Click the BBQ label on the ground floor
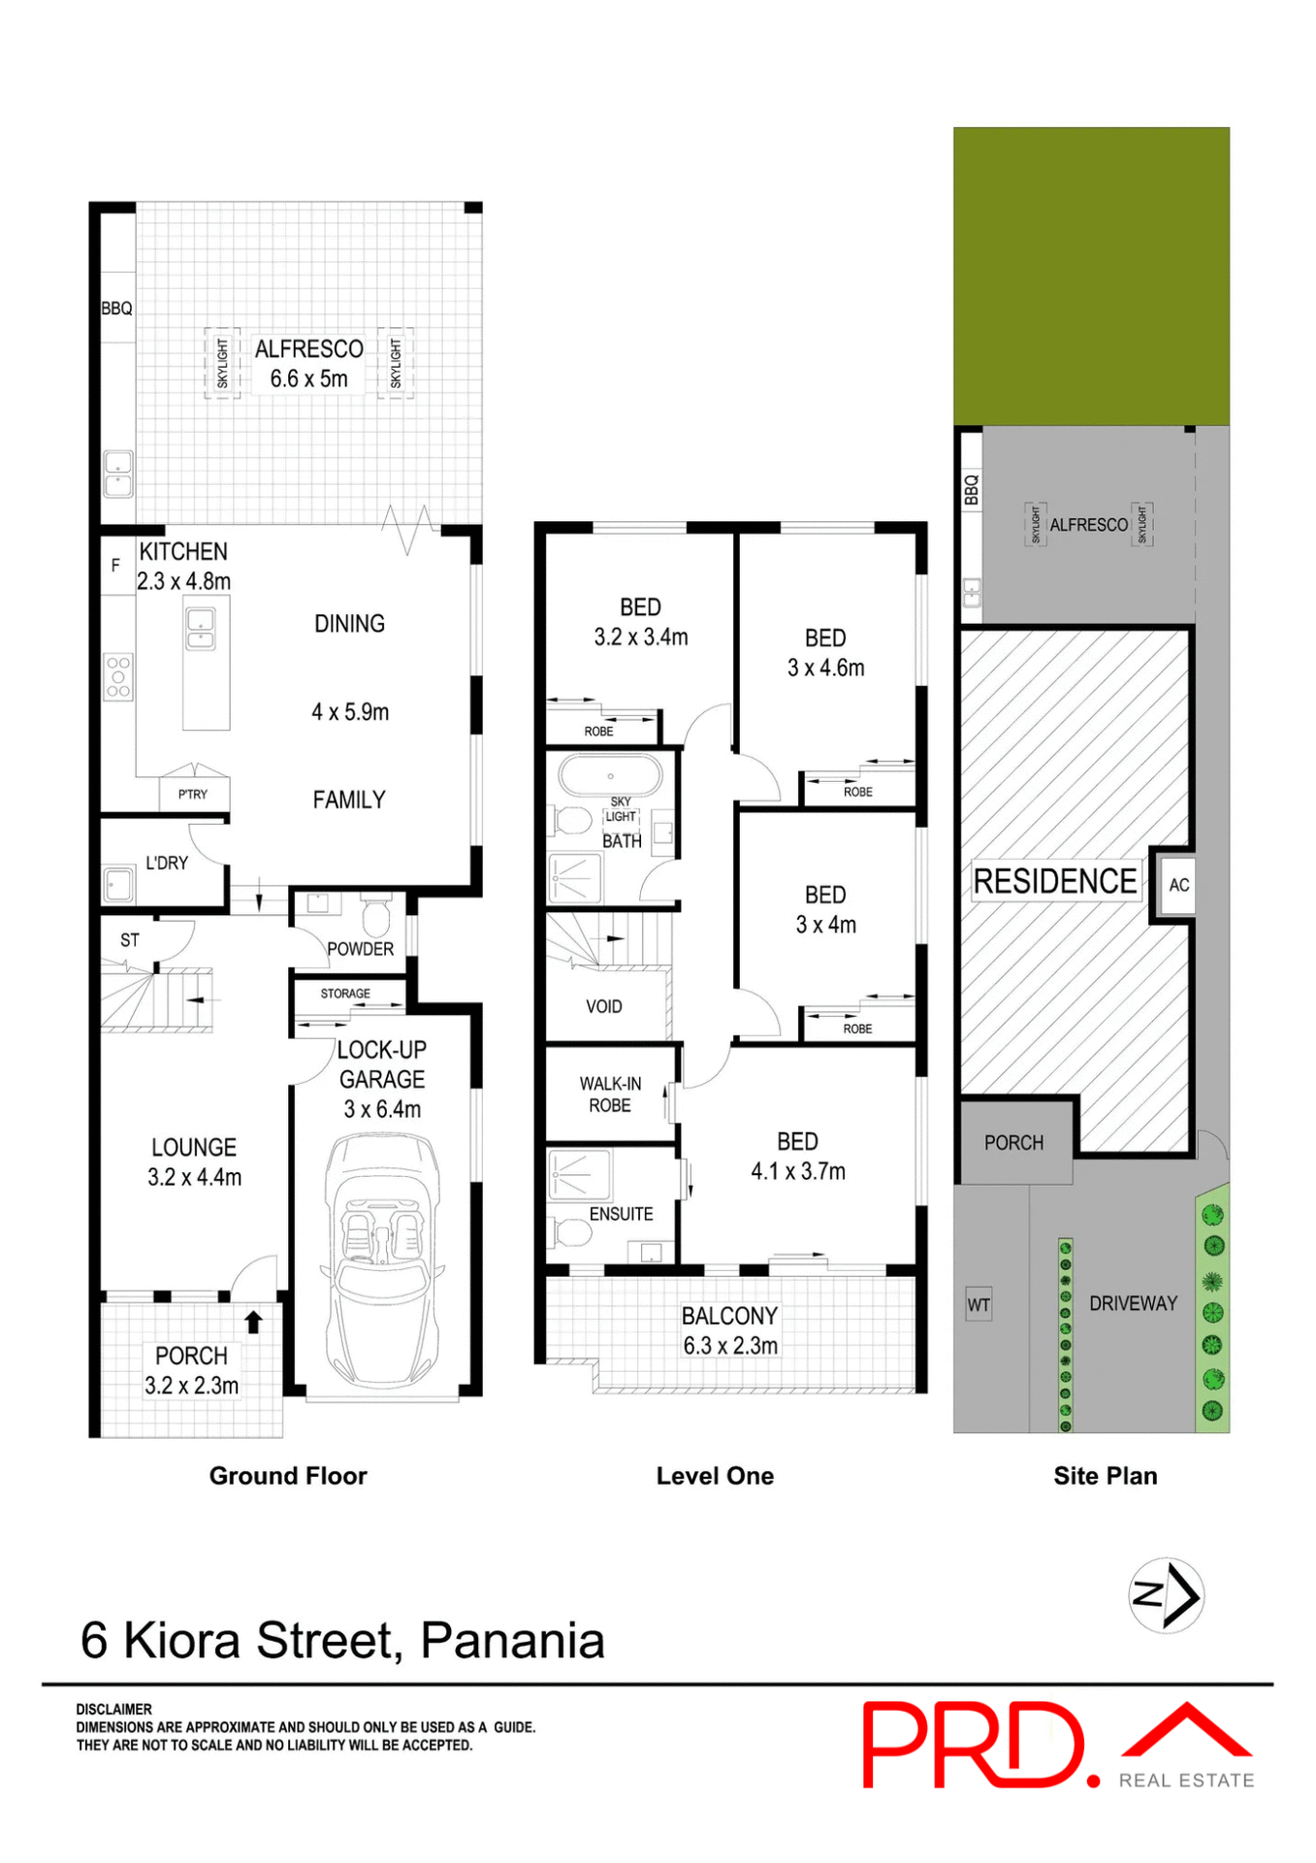pos(116,309)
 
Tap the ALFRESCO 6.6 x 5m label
pos(308,364)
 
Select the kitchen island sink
pos(201,628)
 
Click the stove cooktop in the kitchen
pos(118,676)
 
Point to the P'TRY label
pos(193,794)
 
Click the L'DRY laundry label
pos(167,863)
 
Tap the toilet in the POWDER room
pos(375,915)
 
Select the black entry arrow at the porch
pos(253,1322)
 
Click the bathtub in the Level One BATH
pos(610,776)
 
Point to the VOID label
pos(603,1006)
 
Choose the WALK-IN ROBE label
pos(610,1095)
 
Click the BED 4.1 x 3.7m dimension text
pos(797,1171)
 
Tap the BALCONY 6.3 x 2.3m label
pos(729,1330)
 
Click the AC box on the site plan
pos(1178,885)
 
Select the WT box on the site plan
pos(979,1305)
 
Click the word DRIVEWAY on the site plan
pos(1133,1303)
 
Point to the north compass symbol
pos(1166,1594)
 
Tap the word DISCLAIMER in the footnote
pos(114,1709)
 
